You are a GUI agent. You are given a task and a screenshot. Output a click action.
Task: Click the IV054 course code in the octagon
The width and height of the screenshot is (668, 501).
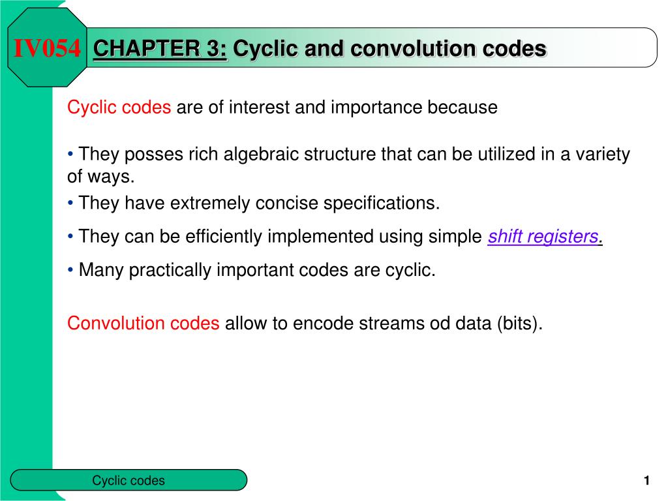[48, 48]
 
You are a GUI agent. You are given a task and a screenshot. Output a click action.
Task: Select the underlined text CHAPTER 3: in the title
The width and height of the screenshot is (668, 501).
[160, 48]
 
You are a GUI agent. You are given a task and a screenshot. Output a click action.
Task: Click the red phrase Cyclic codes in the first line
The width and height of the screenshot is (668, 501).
[119, 107]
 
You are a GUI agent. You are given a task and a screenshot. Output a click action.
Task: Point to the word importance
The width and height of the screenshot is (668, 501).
[377, 107]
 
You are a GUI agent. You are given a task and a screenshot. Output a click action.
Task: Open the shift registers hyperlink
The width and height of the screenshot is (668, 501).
[543, 237]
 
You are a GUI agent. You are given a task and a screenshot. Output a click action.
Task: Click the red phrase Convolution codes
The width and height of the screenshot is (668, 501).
[144, 323]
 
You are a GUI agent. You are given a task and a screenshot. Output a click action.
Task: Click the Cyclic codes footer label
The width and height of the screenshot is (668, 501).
[129, 481]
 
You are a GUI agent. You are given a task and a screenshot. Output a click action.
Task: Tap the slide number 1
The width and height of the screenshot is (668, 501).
[646, 481]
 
